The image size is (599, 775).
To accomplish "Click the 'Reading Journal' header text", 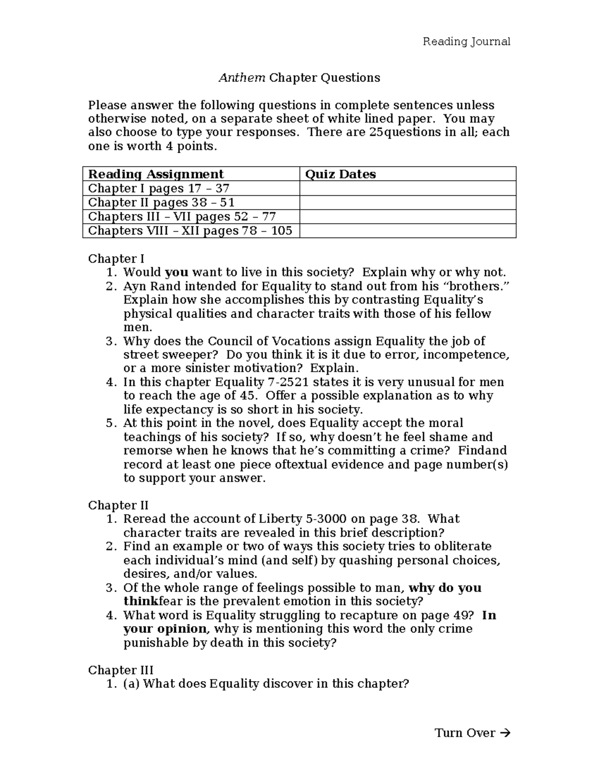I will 466,41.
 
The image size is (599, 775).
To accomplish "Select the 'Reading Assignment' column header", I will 156,174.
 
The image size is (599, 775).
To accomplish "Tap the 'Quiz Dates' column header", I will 340,174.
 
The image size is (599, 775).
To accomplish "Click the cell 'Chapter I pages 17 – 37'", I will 159,188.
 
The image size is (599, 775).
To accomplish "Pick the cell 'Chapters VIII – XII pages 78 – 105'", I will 190,231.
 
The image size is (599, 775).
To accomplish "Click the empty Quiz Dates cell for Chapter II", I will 407,203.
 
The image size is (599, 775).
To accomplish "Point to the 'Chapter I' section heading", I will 116,258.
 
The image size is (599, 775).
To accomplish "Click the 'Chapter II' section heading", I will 118,505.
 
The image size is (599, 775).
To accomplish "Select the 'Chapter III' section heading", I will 120,670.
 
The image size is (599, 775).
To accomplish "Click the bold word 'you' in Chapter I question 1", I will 176,272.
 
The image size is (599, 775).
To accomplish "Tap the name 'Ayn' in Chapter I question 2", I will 134,286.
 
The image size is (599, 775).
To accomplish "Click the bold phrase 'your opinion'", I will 165,629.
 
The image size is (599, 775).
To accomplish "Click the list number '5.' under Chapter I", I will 111,423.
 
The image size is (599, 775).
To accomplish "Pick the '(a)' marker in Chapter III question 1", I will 131,684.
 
